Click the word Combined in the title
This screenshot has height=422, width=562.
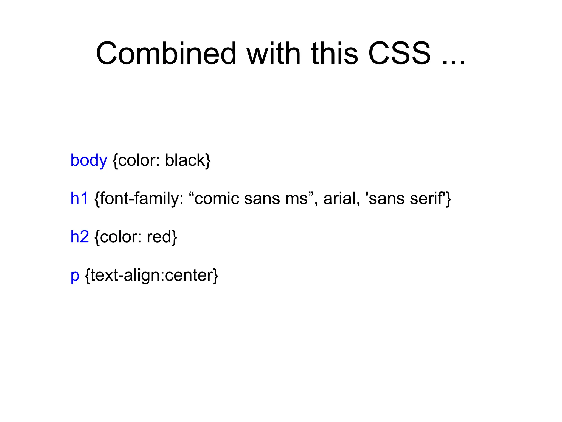coord(166,53)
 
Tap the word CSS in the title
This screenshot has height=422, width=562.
coord(399,53)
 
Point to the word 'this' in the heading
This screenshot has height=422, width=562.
coord(335,53)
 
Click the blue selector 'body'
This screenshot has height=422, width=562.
coord(89,160)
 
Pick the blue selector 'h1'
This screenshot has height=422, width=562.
coord(79,198)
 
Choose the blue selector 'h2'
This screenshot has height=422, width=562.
coord(80,237)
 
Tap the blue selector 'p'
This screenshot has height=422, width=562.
coord(75,276)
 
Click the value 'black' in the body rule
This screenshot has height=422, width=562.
coord(185,160)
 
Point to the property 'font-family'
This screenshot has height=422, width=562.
coord(139,198)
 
